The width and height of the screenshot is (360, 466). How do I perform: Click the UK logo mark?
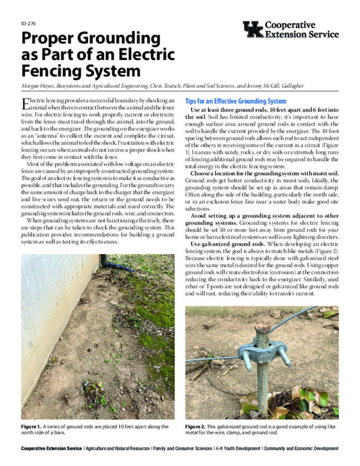tap(253, 30)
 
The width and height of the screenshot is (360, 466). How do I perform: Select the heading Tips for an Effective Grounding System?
tap(236, 101)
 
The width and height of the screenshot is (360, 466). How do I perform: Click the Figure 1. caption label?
tap(31, 427)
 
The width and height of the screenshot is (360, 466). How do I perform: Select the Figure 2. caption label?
tap(195, 427)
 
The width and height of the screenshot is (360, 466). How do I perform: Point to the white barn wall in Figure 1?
tap(50, 319)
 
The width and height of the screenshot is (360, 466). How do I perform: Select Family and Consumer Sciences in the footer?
tap(182, 449)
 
